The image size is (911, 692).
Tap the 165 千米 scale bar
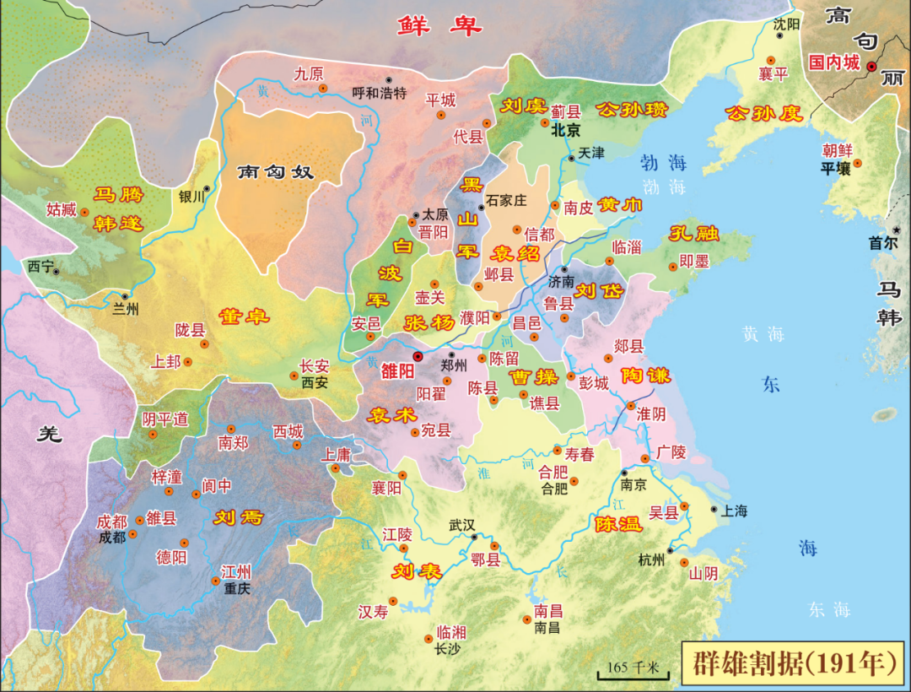633,669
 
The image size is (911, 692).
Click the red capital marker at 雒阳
418,357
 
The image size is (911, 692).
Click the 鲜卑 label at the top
439,26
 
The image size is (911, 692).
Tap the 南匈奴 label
276,172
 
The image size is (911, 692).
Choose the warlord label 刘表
417,571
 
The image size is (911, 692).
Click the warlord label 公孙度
764,113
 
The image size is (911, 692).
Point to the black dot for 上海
714,510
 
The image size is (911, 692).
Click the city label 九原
309,73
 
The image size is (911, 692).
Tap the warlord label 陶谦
645,376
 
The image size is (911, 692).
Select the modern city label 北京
566,131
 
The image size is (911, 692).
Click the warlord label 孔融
694,234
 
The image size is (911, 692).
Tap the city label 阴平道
165,419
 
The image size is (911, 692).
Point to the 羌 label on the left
50,435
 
